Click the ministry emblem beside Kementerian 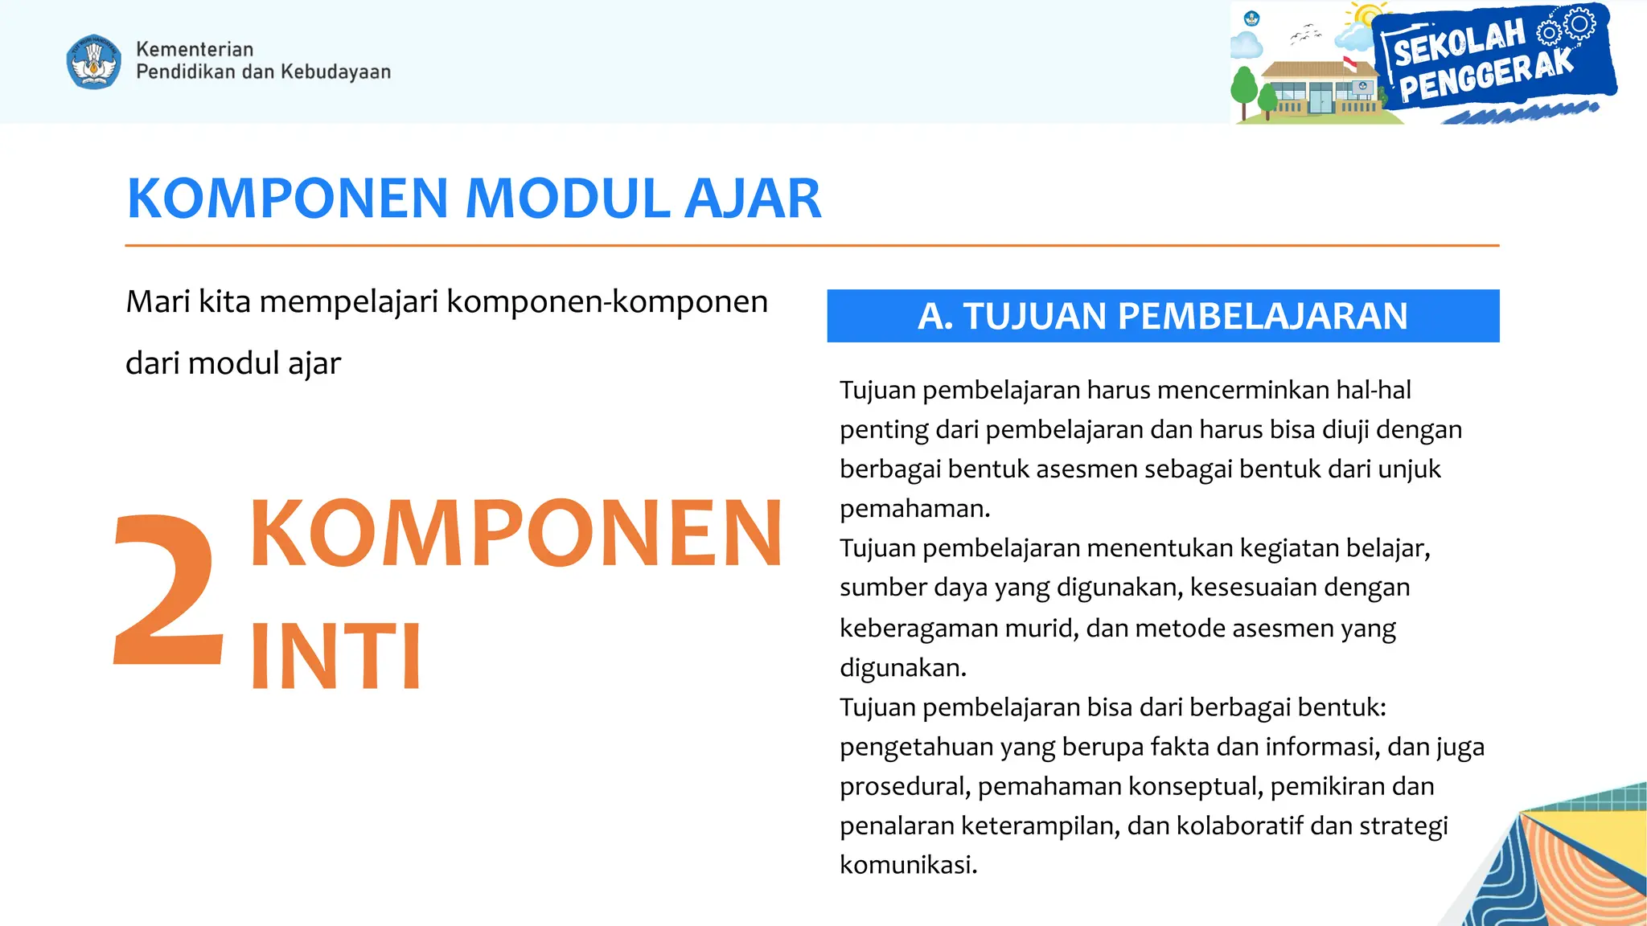point(94,61)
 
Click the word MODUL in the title point(568,199)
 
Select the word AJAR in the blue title point(753,199)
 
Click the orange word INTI point(335,657)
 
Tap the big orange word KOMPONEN point(516,533)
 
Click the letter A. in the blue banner point(935,316)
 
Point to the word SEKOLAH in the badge point(1459,43)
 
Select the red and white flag point(1350,64)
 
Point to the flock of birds point(1305,34)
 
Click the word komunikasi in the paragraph point(907,865)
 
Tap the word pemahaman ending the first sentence point(914,509)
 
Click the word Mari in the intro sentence point(158,302)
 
